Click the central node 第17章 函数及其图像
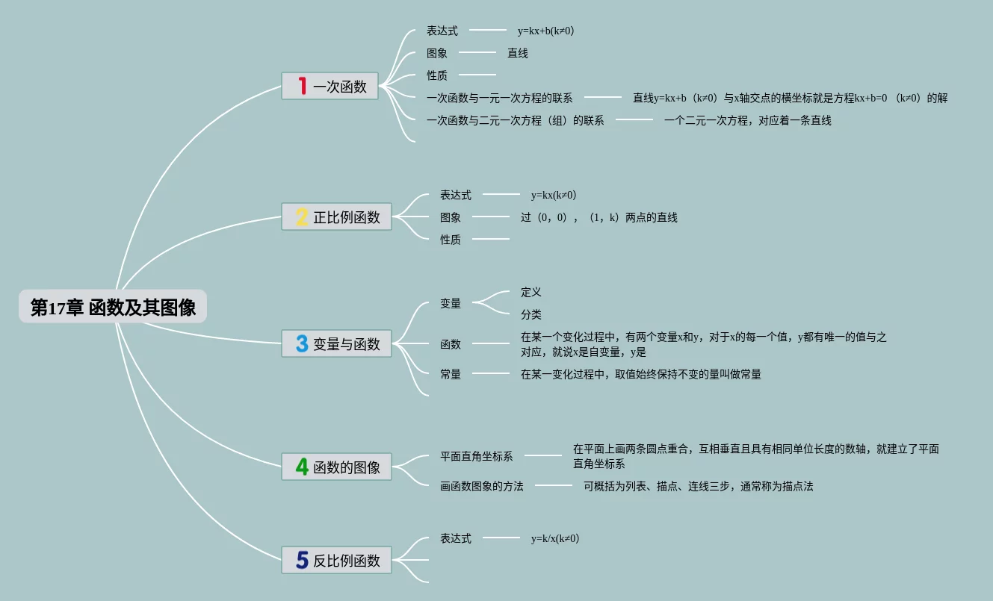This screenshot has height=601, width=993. [x=113, y=307]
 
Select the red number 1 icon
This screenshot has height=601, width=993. [x=302, y=86]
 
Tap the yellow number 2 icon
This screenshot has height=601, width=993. [x=302, y=217]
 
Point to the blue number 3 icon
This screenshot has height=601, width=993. [x=302, y=344]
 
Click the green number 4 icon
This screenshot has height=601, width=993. [x=302, y=467]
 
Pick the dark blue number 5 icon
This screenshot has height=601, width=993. [x=302, y=560]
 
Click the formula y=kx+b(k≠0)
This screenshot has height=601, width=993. [x=545, y=31]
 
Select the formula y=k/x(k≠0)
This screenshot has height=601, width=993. [x=555, y=538]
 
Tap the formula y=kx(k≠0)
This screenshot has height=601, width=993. [x=554, y=195]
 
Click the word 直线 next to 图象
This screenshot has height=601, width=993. [x=518, y=53]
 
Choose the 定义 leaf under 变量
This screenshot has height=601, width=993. [x=531, y=292]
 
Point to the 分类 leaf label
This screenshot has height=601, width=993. [x=531, y=314]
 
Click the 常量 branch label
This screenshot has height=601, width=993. [x=451, y=374]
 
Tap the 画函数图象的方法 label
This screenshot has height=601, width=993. [x=482, y=486]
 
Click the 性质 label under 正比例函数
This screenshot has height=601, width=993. [x=451, y=240]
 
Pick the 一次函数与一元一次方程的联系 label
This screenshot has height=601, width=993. [x=500, y=98]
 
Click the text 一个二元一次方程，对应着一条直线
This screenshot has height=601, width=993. [x=748, y=120]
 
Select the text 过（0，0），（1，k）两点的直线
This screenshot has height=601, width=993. [x=599, y=217]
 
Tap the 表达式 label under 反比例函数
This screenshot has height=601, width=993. [x=456, y=538]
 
